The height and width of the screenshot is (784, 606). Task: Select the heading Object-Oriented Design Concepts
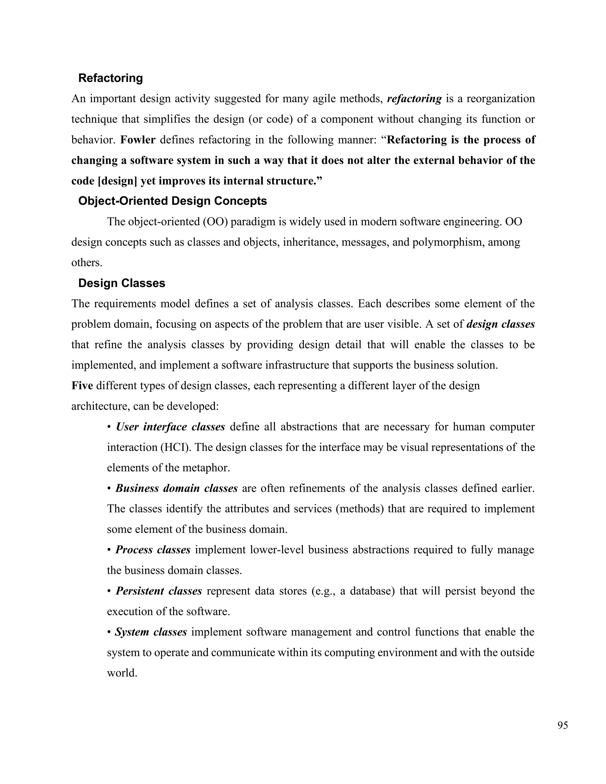click(x=172, y=201)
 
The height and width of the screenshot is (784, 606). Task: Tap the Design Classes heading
click(x=122, y=283)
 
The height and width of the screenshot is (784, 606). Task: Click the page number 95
click(x=563, y=725)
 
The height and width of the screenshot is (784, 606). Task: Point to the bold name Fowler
click(x=138, y=140)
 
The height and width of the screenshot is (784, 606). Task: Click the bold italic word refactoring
click(x=414, y=99)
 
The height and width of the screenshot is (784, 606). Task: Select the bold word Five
click(x=82, y=386)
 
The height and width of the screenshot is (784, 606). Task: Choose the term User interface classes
click(x=170, y=427)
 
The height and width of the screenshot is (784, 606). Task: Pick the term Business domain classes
click(x=176, y=488)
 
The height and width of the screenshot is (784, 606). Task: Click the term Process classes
click(x=153, y=550)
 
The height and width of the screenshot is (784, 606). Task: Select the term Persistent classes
click(x=159, y=591)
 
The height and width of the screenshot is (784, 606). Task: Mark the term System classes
click(x=151, y=632)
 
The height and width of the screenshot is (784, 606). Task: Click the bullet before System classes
click(x=109, y=632)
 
